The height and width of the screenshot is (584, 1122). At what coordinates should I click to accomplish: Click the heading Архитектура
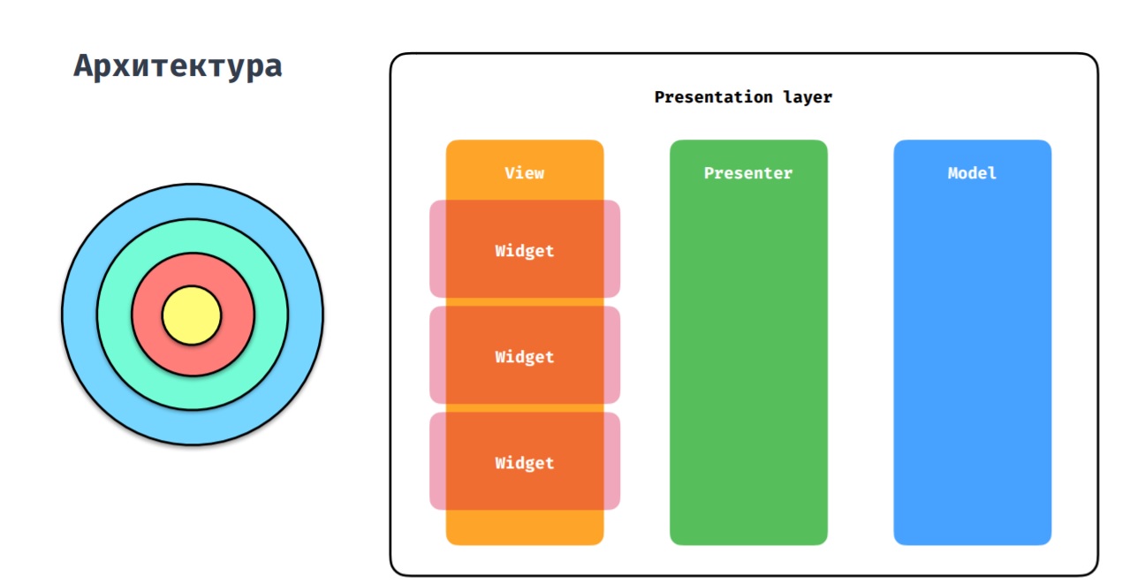click(x=178, y=66)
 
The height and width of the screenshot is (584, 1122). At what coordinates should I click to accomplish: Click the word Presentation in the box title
click(x=713, y=97)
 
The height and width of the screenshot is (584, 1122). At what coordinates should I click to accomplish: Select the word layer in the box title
click(x=807, y=97)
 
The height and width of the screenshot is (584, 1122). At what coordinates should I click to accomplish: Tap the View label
click(x=525, y=173)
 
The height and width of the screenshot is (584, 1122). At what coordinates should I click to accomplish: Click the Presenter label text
click(x=748, y=173)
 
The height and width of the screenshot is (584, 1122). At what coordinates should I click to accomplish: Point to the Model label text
click(x=972, y=173)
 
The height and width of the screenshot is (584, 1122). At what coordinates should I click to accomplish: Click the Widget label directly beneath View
click(x=525, y=250)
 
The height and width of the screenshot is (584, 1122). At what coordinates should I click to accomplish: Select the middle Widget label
click(x=525, y=357)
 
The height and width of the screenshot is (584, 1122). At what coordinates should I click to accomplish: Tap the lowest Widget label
click(x=525, y=463)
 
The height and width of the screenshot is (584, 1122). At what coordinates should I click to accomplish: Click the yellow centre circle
click(x=192, y=315)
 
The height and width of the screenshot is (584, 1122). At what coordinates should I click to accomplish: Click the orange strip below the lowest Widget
click(x=525, y=527)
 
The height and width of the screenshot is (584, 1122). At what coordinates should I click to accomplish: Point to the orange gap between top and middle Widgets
click(x=525, y=302)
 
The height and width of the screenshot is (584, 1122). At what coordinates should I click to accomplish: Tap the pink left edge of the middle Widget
click(x=438, y=354)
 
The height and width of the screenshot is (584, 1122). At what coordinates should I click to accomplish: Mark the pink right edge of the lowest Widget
click(x=612, y=461)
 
